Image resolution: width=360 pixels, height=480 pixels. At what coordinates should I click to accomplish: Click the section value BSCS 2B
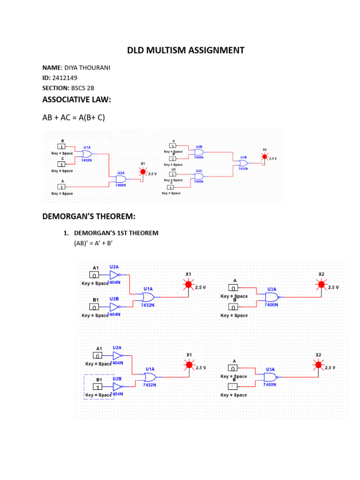click(x=82, y=88)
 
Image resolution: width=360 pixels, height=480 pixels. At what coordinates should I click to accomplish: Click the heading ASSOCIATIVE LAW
click(x=76, y=99)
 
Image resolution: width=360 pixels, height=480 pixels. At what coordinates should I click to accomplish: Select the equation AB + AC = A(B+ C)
click(x=74, y=117)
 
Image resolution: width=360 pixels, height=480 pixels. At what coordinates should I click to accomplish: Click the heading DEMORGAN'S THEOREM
click(x=89, y=216)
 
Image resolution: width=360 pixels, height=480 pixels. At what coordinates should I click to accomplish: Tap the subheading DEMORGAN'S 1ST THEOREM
click(x=116, y=233)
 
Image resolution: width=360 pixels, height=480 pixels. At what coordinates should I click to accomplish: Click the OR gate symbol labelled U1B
click(x=243, y=163)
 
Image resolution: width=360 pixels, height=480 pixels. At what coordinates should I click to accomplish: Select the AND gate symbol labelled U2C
click(x=199, y=176)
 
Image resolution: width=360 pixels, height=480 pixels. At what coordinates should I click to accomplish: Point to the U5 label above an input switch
click(x=173, y=170)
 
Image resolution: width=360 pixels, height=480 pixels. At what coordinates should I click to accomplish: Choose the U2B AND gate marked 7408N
click(x=199, y=152)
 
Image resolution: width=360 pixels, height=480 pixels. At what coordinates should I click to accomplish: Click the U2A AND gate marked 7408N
click(x=121, y=180)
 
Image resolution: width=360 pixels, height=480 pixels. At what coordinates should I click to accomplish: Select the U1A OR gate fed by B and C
click(x=87, y=154)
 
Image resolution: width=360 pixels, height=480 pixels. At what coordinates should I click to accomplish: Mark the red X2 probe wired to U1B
click(x=264, y=157)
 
